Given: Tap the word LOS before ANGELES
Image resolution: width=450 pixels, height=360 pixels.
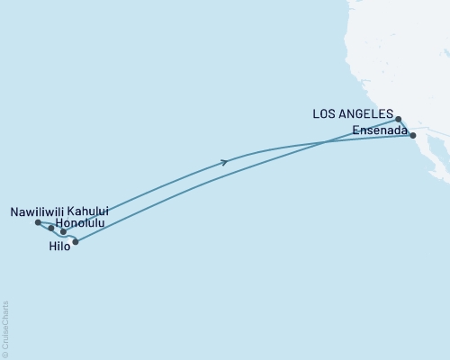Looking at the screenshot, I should (326, 114).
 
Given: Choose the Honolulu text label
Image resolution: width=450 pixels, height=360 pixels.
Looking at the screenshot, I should (79, 222).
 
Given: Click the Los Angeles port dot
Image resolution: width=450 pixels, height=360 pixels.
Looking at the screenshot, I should (398, 118).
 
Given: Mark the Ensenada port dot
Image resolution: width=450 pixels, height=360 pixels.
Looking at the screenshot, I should (412, 135).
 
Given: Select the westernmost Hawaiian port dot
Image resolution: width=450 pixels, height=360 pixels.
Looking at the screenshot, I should (37, 222).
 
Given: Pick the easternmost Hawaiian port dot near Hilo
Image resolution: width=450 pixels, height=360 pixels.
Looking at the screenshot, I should (76, 241).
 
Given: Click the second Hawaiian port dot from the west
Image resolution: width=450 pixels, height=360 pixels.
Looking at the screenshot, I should (51, 228).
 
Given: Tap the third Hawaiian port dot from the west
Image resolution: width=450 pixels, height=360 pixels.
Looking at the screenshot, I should (63, 231).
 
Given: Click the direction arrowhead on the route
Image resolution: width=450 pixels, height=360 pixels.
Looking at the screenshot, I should (224, 162).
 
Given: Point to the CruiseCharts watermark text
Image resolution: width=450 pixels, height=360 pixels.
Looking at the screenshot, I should (4, 328).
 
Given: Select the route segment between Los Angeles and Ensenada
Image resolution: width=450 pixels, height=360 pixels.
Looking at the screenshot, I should (406, 126).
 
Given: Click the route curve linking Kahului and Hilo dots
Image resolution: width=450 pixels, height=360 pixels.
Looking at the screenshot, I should (70, 238).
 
